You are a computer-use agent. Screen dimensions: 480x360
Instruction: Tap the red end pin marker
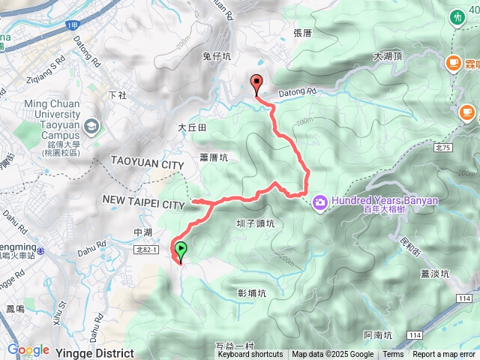(256, 85)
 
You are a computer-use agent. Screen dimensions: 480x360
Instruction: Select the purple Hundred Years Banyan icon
(320, 201)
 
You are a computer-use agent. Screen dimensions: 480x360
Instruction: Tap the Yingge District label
(95, 352)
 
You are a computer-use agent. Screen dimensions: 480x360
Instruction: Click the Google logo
(28, 350)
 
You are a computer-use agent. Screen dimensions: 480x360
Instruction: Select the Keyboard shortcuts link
(250, 355)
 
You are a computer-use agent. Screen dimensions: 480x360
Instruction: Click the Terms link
(393, 355)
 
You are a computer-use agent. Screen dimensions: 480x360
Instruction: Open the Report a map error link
(444, 355)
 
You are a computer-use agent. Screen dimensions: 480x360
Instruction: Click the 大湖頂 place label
(388, 56)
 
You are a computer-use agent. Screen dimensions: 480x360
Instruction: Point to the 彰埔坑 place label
(252, 293)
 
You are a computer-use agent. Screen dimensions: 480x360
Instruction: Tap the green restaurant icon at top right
(457, 17)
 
